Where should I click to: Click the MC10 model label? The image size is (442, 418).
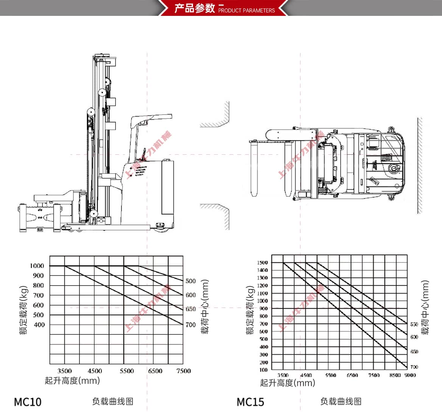28,401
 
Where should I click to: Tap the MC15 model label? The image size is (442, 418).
250,402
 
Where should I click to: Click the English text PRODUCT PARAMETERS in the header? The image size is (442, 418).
246,11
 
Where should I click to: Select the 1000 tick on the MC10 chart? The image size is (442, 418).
37,266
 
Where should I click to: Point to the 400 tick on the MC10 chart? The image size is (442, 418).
39,325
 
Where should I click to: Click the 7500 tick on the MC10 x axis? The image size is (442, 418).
184,371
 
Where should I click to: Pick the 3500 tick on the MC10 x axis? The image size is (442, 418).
65,371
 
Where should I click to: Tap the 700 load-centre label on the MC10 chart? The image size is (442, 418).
190,325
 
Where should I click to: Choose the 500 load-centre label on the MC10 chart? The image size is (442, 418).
190,281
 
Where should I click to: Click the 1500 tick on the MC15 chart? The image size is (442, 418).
262,263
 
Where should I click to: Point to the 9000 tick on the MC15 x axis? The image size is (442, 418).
410,375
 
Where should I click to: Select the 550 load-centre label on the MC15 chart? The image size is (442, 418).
414,325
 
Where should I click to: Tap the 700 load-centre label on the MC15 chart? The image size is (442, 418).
414,367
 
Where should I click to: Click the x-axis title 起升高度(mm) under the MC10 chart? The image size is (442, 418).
72,380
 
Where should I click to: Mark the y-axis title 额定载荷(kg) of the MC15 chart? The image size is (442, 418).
250,310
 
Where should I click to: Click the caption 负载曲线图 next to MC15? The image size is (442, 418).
341,401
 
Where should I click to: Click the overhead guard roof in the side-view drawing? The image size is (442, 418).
151,118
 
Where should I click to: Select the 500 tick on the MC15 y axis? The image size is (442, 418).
263,339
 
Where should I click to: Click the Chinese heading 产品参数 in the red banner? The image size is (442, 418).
195,8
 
